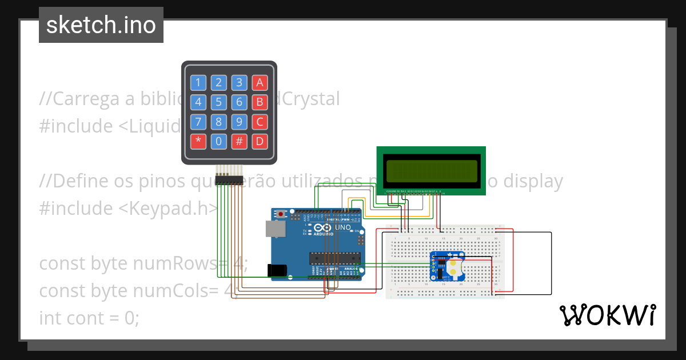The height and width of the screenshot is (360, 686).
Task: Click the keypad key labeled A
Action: coord(260,82)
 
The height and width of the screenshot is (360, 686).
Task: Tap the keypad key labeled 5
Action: coord(219,102)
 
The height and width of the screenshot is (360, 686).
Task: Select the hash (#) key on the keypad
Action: coord(240,141)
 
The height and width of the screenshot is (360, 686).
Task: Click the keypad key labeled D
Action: coord(260,141)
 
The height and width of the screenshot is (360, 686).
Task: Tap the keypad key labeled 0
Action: coord(219,141)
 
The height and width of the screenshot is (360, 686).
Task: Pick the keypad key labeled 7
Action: coord(198,122)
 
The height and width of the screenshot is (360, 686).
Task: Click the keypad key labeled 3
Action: coord(240,82)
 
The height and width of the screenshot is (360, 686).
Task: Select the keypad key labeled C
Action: coord(260,122)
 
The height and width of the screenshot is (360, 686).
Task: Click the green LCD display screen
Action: coord(431,170)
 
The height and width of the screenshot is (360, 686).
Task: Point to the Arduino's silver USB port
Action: coord(276,229)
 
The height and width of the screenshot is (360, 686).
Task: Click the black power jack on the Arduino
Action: coord(277,271)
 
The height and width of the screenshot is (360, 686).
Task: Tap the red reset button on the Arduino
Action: coord(280,214)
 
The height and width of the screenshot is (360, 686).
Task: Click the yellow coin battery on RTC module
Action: coord(454,266)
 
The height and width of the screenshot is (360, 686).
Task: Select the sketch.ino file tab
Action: coord(101,25)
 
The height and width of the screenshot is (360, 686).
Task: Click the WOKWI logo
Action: coord(607,315)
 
